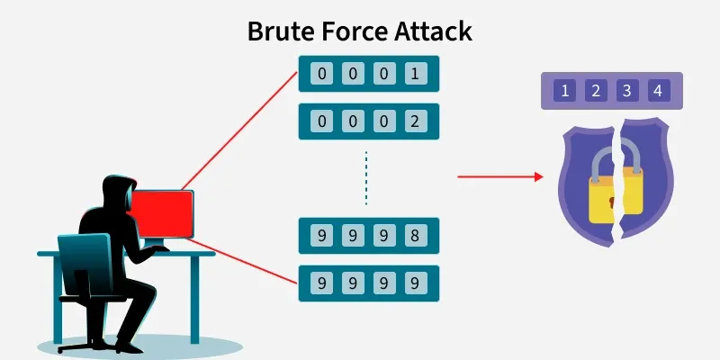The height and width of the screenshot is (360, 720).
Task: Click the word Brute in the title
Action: [x=278, y=31]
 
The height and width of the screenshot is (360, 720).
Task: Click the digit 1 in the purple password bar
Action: [x=564, y=91]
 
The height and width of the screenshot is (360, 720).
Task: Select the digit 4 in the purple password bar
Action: [x=658, y=91]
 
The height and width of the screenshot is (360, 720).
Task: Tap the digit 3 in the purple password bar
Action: [x=626, y=91]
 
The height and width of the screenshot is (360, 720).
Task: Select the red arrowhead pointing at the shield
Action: [x=539, y=176]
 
